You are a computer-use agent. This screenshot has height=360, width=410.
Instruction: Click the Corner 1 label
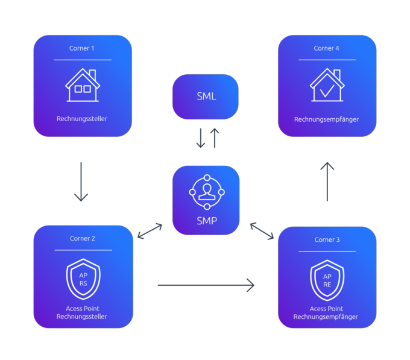point(83,48)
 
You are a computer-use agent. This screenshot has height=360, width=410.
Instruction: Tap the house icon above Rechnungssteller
point(83,86)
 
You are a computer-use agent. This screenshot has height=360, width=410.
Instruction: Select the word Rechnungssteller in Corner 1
point(83,119)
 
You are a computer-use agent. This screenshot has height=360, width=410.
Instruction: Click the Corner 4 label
point(327,48)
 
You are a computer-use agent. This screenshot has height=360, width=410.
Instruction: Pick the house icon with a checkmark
point(326,86)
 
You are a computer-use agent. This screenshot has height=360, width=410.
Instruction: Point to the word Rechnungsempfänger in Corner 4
point(326,119)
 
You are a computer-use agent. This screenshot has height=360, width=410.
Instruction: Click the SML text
point(206,96)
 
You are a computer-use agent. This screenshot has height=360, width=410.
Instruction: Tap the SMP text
point(206,221)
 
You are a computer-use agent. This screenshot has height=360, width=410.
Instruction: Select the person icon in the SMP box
point(206,192)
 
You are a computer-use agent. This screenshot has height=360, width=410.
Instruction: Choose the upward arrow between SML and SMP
point(214,139)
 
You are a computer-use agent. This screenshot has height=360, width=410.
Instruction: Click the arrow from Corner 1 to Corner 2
point(81,182)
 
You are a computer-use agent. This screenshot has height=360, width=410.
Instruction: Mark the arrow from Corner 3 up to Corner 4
point(327,182)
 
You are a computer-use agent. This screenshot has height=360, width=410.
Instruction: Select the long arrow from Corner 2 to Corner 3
point(206,285)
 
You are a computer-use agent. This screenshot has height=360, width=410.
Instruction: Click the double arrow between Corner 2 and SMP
point(150,231)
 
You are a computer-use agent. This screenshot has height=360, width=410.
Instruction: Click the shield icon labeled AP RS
point(83,279)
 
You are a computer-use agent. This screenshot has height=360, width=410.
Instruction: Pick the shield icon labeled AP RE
point(327,280)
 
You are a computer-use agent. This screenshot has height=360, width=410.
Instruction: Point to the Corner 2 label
point(83,239)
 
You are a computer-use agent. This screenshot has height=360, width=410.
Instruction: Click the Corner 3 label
point(327,240)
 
